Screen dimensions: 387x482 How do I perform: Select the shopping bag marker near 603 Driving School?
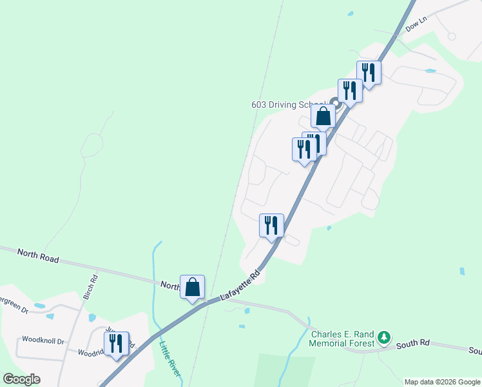click(323, 117)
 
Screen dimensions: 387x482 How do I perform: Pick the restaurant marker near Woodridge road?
click(116, 343)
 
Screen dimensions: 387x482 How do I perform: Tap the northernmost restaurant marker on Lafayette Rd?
click(369, 73)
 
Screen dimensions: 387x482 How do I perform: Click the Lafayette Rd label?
click(240, 284)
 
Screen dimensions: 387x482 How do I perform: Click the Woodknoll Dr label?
click(43, 340)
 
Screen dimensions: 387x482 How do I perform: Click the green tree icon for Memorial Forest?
click(384, 337)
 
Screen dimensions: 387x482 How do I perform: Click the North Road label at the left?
click(38, 255)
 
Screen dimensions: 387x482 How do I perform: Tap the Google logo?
click(21, 379)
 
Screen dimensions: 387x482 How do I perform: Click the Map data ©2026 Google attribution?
click(442, 382)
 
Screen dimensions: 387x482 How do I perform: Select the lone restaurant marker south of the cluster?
click(271, 226)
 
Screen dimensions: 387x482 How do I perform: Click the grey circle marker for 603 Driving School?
click(334, 102)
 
